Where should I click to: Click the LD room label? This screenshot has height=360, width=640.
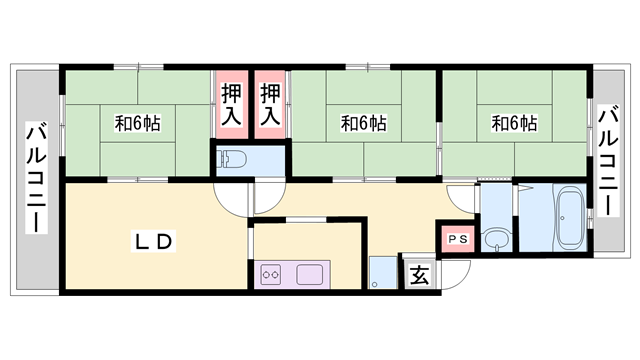pos(155,241)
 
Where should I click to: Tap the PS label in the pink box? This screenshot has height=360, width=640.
pos(456,239)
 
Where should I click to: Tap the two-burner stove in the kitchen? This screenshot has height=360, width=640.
pos(271,274)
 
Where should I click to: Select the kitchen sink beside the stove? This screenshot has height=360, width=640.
pos(306,273)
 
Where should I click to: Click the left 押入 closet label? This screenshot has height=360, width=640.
pos(230,104)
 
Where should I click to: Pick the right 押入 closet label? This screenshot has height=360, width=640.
pos(270,104)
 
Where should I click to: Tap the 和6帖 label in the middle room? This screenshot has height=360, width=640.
pos(363,124)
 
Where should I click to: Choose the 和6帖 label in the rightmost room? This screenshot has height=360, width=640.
pos(514,124)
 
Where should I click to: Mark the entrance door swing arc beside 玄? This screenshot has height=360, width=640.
pos(457,272)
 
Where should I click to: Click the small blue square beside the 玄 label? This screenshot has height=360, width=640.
pos(383,273)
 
